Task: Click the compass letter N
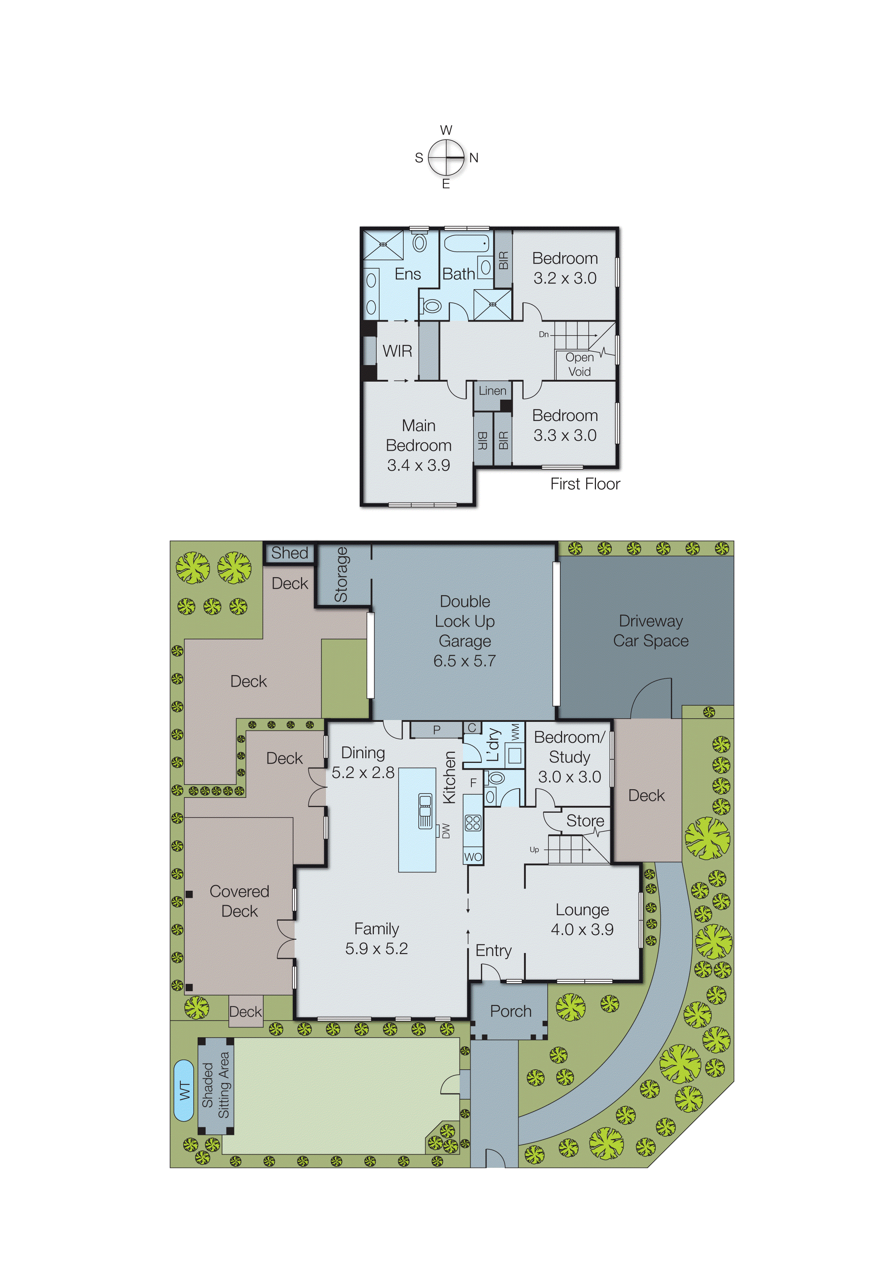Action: [x=474, y=158]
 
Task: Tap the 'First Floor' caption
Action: [x=585, y=484]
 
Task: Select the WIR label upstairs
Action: [x=397, y=351]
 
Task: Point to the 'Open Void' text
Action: [x=579, y=364]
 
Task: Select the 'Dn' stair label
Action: [x=544, y=334]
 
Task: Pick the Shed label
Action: [x=290, y=553]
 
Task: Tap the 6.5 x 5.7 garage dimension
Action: [x=465, y=661]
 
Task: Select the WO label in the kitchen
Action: [x=473, y=857]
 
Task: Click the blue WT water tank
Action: [x=184, y=1091]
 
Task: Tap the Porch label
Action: [x=511, y=1011]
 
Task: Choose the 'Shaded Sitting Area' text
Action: [x=215, y=1085]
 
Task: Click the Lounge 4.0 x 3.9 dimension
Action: [x=582, y=930]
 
